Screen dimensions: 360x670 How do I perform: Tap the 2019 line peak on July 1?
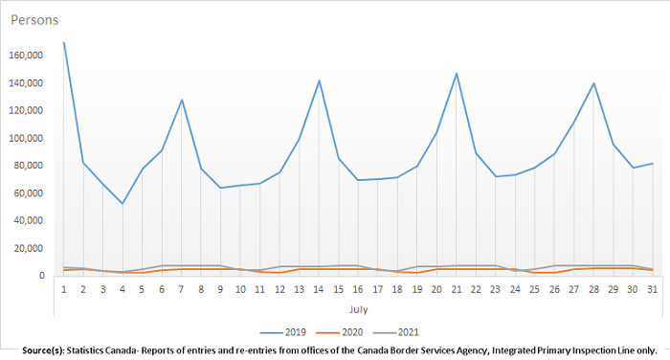click(64, 42)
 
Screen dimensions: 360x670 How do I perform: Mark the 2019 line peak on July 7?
click(182, 100)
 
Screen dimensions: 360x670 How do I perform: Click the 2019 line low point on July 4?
click(123, 203)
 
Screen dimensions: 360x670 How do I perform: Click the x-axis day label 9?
click(221, 288)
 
